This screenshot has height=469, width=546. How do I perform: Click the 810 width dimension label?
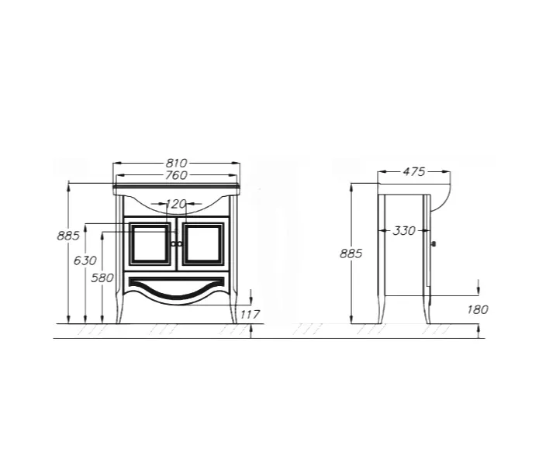click(x=176, y=163)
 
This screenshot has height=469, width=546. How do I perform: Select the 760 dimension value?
click(x=176, y=175)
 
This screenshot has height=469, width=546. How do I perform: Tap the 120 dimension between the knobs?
click(x=176, y=204)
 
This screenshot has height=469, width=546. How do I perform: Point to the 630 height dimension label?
click(x=85, y=260)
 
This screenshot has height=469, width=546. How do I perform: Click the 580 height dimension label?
click(x=102, y=278)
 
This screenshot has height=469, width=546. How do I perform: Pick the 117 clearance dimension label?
click(x=250, y=315)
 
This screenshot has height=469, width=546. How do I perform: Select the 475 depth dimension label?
click(x=414, y=171)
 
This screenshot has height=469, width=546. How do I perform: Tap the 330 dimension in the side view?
click(x=404, y=230)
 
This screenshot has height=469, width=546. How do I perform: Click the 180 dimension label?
click(x=478, y=309)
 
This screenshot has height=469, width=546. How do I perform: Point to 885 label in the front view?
click(x=68, y=236)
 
